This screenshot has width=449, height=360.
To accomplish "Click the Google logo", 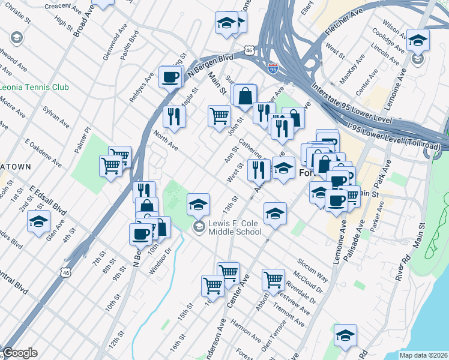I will click(x=19, y=353).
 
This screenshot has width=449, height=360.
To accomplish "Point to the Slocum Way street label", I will click(x=313, y=270).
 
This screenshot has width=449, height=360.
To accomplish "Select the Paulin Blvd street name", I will click(x=125, y=46).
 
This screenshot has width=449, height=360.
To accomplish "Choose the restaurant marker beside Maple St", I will click(x=174, y=116).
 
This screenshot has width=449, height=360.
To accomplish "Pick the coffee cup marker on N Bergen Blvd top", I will click(x=171, y=77).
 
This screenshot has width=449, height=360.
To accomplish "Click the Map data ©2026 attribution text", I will click(x=423, y=355).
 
